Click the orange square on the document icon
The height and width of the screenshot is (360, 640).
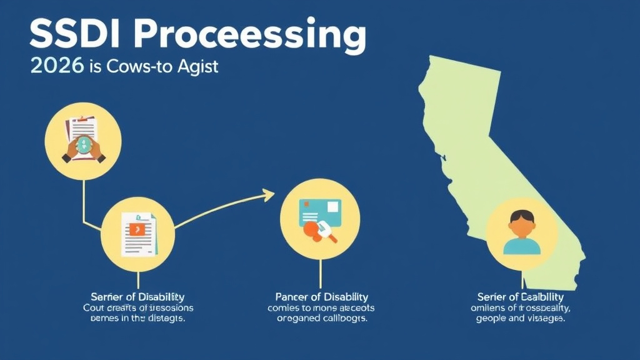136,229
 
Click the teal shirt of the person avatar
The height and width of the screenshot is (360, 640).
521,245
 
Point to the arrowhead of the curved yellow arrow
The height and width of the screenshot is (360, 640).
270,195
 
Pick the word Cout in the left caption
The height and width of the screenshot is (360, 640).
95,307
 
